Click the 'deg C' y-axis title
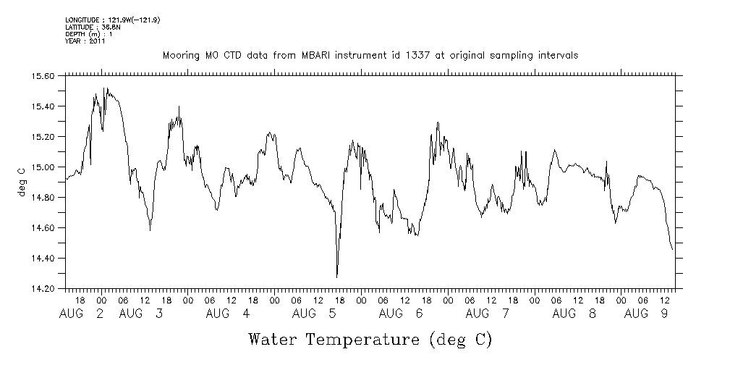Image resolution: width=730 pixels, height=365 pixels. point(21,182)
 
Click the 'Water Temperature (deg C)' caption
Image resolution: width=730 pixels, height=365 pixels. point(370,339)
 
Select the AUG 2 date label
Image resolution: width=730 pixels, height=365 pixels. point(81,314)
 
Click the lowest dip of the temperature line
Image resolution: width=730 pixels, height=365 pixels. point(337,277)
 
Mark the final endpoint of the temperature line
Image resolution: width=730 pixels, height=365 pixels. point(673,250)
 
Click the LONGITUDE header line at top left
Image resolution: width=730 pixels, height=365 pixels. point(112,20)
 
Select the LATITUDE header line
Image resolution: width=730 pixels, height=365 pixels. point(93,27)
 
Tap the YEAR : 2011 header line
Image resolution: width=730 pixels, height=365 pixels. point(85,41)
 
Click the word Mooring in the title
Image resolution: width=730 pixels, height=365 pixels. point(177,55)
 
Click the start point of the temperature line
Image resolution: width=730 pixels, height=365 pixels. point(67,178)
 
